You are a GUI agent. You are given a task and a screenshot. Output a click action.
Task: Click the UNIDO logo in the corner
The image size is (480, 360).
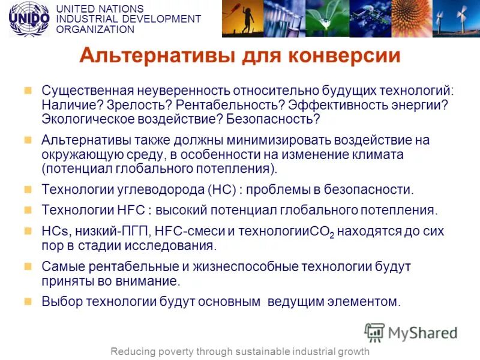tap(29, 19)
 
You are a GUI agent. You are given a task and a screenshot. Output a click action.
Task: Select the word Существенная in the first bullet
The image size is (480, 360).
tap(87, 91)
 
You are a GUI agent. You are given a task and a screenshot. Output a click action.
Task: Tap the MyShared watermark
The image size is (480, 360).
tap(411, 333)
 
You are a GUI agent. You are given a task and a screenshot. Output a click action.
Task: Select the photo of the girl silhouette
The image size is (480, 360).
tap(242, 19)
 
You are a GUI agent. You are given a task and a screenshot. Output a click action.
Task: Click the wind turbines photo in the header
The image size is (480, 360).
tap(458, 19)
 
